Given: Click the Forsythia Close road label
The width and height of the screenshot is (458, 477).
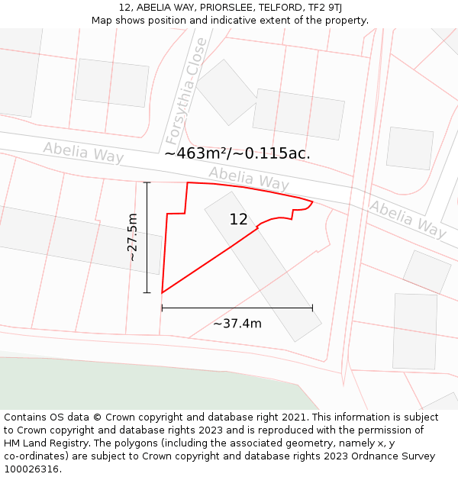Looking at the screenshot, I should pyautogui.click(x=185, y=92).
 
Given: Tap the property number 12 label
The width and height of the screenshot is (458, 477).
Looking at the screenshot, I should pyautogui.click(x=238, y=220).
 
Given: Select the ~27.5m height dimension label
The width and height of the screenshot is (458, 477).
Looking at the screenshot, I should pyautogui.click(x=133, y=237).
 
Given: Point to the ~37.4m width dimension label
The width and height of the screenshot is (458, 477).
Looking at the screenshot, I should pyautogui.click(x=237, y=324).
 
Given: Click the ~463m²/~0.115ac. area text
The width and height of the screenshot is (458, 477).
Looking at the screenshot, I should pyautogui.click(x=237, y=153).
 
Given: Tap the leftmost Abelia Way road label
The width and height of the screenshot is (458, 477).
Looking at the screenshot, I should pyautogui.click(x=83, y=152).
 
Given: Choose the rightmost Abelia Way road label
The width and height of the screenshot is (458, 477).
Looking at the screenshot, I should pyautogui.click(x=408, y=218).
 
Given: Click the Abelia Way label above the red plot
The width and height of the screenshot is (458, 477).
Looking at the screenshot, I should pyautogui.click(x=249, y=179).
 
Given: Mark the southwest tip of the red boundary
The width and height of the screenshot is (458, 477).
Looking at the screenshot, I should pyautogui.click(x=162, y=292).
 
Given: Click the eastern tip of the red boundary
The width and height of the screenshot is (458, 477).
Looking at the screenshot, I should pyautogui.click(x=312, y=202).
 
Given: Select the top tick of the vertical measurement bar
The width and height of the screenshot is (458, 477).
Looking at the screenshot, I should pyautogui.click(x=147, y=182).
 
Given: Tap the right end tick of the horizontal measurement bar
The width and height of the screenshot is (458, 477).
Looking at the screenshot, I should pyautogui.click(x=312, y=308).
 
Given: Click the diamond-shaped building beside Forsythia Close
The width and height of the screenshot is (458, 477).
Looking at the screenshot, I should pyautogui.click(x=227, y=92).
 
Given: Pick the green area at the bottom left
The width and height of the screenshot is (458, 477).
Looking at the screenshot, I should pyautogui.click(x=114, y=385).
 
